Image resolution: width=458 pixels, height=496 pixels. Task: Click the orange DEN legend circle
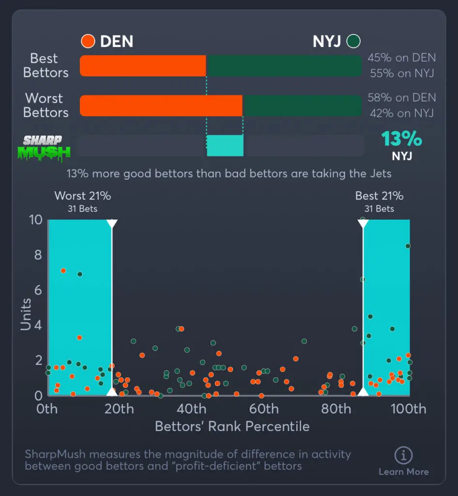click(88, 41)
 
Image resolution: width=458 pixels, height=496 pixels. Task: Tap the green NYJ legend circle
click(353, 41)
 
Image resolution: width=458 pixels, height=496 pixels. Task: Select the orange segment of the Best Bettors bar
click(143, 66)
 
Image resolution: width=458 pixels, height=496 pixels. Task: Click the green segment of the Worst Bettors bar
click(302, 106)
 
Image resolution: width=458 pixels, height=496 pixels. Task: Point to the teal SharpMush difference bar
click(225, 145)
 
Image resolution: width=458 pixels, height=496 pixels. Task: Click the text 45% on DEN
click(401, 58)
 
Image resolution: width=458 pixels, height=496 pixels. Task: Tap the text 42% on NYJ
click(401, 113)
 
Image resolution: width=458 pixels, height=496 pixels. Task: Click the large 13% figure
click(401, 139)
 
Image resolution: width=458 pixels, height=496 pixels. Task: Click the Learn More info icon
click(403, 455)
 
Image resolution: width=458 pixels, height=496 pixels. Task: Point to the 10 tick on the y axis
click(36, 220)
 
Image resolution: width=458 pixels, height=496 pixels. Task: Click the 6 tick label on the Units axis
click(38, 290)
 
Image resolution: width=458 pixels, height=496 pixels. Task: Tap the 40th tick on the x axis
click(192, 409)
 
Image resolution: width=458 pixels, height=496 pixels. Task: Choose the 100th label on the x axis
click(408, 409)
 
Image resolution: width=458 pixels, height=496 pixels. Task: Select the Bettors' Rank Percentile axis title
click(232, 426)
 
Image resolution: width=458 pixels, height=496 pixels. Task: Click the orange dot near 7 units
click(63, 271)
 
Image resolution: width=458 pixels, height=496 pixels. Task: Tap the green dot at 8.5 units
click(408, 246)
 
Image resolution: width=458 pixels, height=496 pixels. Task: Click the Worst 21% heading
click(82, 196)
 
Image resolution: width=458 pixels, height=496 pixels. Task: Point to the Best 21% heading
click(379, 196)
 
